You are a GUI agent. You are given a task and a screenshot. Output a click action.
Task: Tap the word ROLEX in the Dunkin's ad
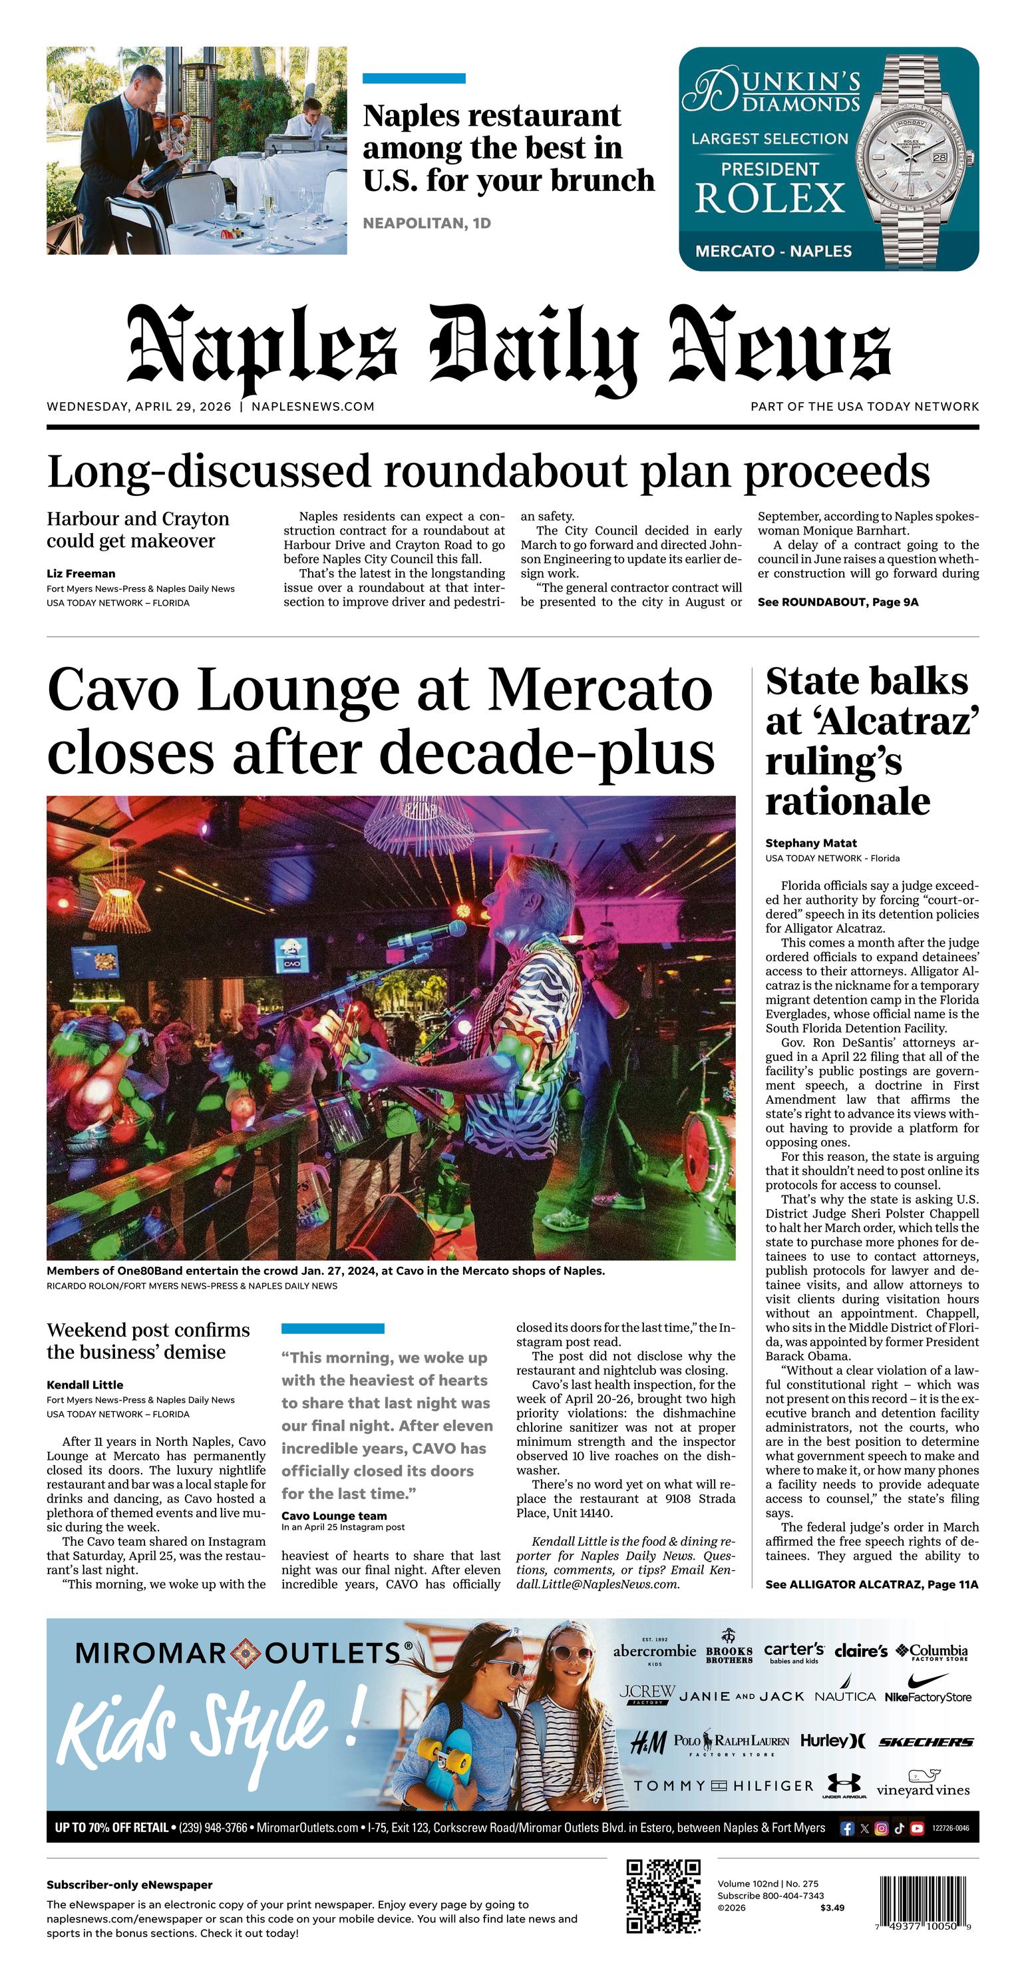[770, 198]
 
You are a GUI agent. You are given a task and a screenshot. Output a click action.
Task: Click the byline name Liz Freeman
[81, 574]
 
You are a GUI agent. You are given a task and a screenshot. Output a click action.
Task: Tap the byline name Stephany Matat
[810, 843]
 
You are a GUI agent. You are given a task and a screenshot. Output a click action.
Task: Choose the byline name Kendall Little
[85, 1385]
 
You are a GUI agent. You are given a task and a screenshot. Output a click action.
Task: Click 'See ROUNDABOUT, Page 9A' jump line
[838, 602]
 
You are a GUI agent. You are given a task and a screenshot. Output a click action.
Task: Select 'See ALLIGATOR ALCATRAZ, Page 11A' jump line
[871, 1584]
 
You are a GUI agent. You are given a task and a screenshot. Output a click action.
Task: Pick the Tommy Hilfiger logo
[723, 1786]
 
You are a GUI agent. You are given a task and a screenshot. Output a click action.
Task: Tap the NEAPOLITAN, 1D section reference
[427, 223]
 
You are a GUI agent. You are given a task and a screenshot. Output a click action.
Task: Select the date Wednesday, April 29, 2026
[138, 407]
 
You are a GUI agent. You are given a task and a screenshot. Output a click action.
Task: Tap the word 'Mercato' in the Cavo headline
[600, 689]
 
